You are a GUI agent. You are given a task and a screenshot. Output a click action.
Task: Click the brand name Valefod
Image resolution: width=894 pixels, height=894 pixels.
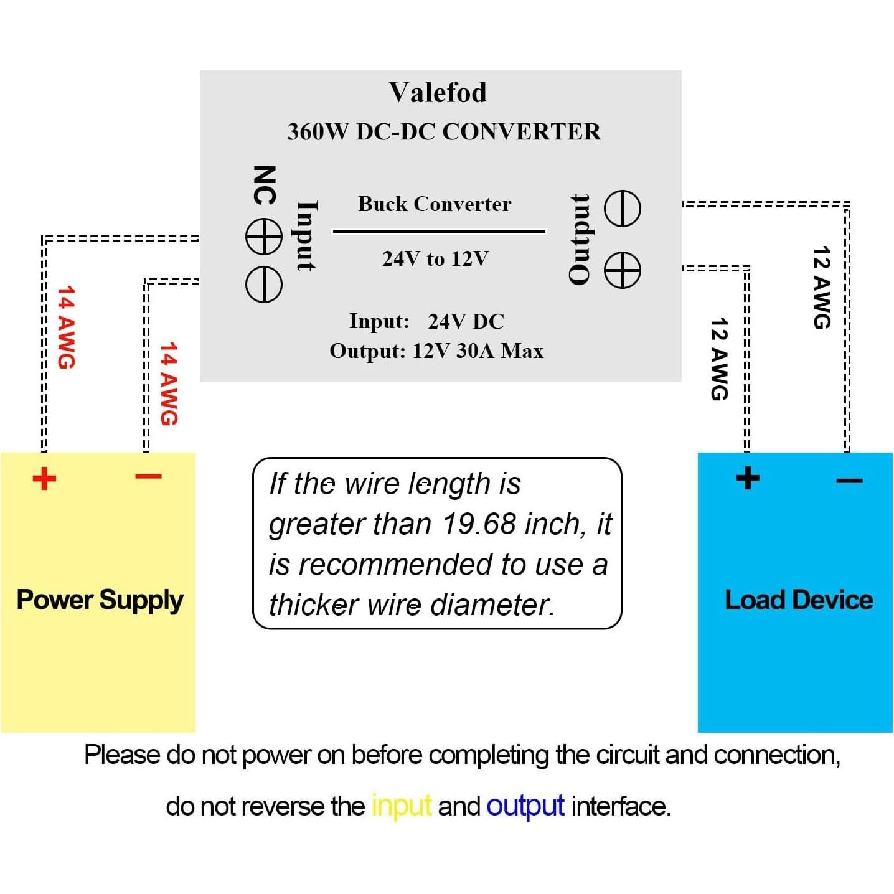pos(438,93)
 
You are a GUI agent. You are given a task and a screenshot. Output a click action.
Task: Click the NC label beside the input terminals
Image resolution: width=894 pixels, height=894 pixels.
pos(264,185)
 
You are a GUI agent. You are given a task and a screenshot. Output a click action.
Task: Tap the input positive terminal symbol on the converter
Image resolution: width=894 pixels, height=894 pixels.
pos(264,237)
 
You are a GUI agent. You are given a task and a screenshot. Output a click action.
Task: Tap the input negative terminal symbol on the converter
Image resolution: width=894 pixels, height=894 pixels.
pos(264,285)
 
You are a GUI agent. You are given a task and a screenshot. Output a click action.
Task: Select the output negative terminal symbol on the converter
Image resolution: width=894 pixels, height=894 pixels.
pos(623,209)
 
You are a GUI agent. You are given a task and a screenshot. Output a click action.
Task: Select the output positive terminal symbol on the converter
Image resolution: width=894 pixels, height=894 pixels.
pos(623,270)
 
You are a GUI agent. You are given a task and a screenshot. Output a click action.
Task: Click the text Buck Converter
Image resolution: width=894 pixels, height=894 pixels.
pos(435,204)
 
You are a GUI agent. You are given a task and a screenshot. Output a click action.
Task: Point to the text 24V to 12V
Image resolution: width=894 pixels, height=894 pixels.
pos(435,258)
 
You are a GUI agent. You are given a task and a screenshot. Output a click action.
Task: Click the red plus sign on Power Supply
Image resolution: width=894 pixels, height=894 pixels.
pos(44,479)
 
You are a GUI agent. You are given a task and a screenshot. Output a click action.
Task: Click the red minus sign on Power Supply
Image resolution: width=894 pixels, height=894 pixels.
pos(148,477)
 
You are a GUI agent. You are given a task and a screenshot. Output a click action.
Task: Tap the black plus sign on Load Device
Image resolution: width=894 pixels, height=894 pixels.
pos(748,478)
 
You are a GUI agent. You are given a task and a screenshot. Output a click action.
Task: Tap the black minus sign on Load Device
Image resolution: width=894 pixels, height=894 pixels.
pos(849,481)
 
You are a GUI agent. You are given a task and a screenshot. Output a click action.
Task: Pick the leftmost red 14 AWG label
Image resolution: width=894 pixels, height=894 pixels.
pos(66,327)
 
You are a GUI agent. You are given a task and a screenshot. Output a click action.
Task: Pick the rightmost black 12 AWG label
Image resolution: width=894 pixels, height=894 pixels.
pos(822,287)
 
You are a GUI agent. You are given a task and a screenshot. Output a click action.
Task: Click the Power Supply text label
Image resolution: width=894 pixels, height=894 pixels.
pos(100,600)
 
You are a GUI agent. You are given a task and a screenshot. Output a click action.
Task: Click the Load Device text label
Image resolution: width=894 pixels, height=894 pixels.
pos(799,600)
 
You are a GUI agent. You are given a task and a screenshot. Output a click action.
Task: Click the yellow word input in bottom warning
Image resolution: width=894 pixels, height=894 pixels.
pos(401,806)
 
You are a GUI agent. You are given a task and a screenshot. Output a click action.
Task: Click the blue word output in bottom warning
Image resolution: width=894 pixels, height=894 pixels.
pos(525,806)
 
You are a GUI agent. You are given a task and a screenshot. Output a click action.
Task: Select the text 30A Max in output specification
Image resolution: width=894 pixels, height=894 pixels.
pos(499,351)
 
